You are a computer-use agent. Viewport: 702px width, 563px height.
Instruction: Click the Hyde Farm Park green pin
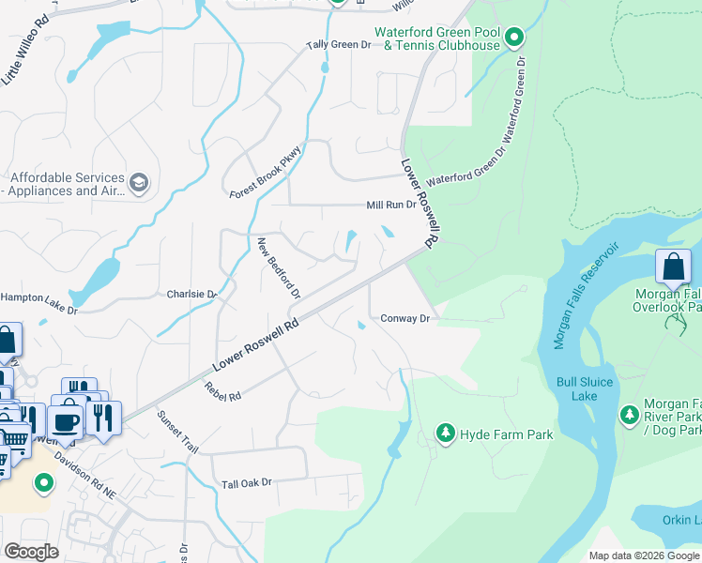[x=446, y=434]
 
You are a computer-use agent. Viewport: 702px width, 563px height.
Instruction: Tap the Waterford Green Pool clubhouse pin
[x=513, y=38]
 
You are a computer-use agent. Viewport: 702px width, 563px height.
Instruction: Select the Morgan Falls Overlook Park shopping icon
[x=674, y=266]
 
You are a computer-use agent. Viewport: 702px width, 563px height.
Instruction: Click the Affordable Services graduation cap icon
[x=139, y=182]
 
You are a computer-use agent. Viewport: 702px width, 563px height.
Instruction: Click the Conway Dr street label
[x=404, y=319]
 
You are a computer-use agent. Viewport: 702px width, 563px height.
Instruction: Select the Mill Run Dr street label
[x=390, y=205]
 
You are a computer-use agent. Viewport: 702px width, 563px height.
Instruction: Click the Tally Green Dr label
[x=340, y=45]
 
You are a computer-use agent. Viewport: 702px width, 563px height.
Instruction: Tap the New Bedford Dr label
[x=279, y=268]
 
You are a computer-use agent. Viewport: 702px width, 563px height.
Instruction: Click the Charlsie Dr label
[x=191, y=294]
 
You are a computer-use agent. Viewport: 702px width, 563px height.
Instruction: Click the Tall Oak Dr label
[x=246, y=483]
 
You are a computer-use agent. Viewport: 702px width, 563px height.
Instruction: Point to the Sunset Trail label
[x=177, y=432]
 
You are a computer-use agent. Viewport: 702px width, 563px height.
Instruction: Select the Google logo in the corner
[x=32, y=552]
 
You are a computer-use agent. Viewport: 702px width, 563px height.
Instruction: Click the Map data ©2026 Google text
[x=644, y=555]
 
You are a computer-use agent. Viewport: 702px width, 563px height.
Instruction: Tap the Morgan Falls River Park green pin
[x=630, y=414]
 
